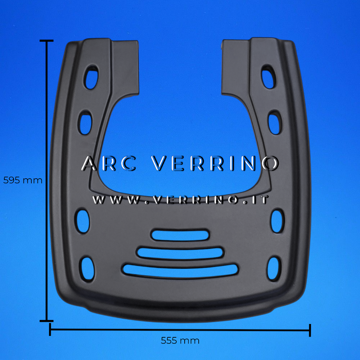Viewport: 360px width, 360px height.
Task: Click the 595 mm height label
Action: pyautogui.click(x=23, y=180)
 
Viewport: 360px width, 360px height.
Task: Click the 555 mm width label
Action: pyautogui.click(x=180, y=341)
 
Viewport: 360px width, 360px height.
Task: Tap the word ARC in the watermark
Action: pyautogui.click(x=109, y=163)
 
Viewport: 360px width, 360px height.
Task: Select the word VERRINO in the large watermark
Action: pyautogui.click(x=215, y=163)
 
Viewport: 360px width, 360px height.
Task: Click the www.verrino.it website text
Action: pyautogui.click(x=180, y=200)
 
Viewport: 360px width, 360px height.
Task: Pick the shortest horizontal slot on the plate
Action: pyautogui.click(x=180, y=235)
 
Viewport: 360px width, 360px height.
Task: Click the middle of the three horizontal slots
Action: pyautogui.click(x=180, y=253)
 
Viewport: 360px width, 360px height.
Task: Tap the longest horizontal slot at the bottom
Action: pyautogui.click(x=180, y=271)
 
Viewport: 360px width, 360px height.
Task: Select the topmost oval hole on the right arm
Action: pyautogui.click(x=269, y=78)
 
